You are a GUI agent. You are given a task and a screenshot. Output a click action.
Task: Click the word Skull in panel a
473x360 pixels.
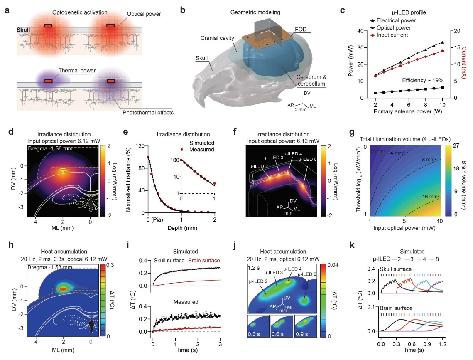click(x=23, y=30)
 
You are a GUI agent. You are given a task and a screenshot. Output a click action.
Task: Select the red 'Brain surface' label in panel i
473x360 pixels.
click(x=204, y=260)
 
